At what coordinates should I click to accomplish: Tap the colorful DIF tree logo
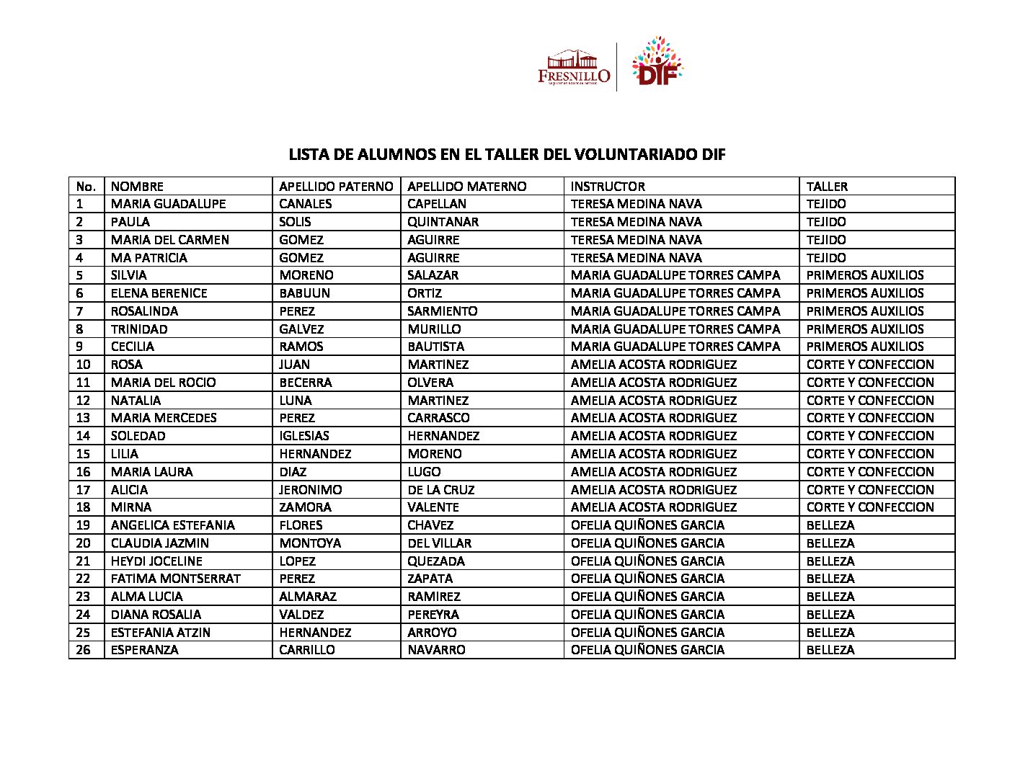tap(656, 63)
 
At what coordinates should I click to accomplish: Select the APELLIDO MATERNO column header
tap(466, 186)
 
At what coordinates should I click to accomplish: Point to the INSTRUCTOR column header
tap(607, 186)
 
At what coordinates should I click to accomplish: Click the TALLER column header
tap(827, 186)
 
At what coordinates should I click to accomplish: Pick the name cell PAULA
tap(130, 222)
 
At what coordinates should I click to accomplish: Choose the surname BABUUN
tap(304, 293)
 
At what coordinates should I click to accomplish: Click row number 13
tap(84, 418)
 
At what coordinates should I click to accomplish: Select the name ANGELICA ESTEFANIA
tap(173, 525)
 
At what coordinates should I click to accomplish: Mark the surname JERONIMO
tap(310, 490)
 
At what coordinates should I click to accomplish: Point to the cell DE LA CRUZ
tap(440, 490)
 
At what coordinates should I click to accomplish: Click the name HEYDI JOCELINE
tap(156, 561)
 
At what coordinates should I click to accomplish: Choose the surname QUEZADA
tap(436, 561)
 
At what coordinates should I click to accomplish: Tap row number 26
tap(84, 650)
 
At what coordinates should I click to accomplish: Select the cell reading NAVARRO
tap(436, 650)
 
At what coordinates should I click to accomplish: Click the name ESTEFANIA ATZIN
tap(161, 633)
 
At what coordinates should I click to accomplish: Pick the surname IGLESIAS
tap(303, 436)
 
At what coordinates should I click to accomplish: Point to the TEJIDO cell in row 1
tap(826, 204)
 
